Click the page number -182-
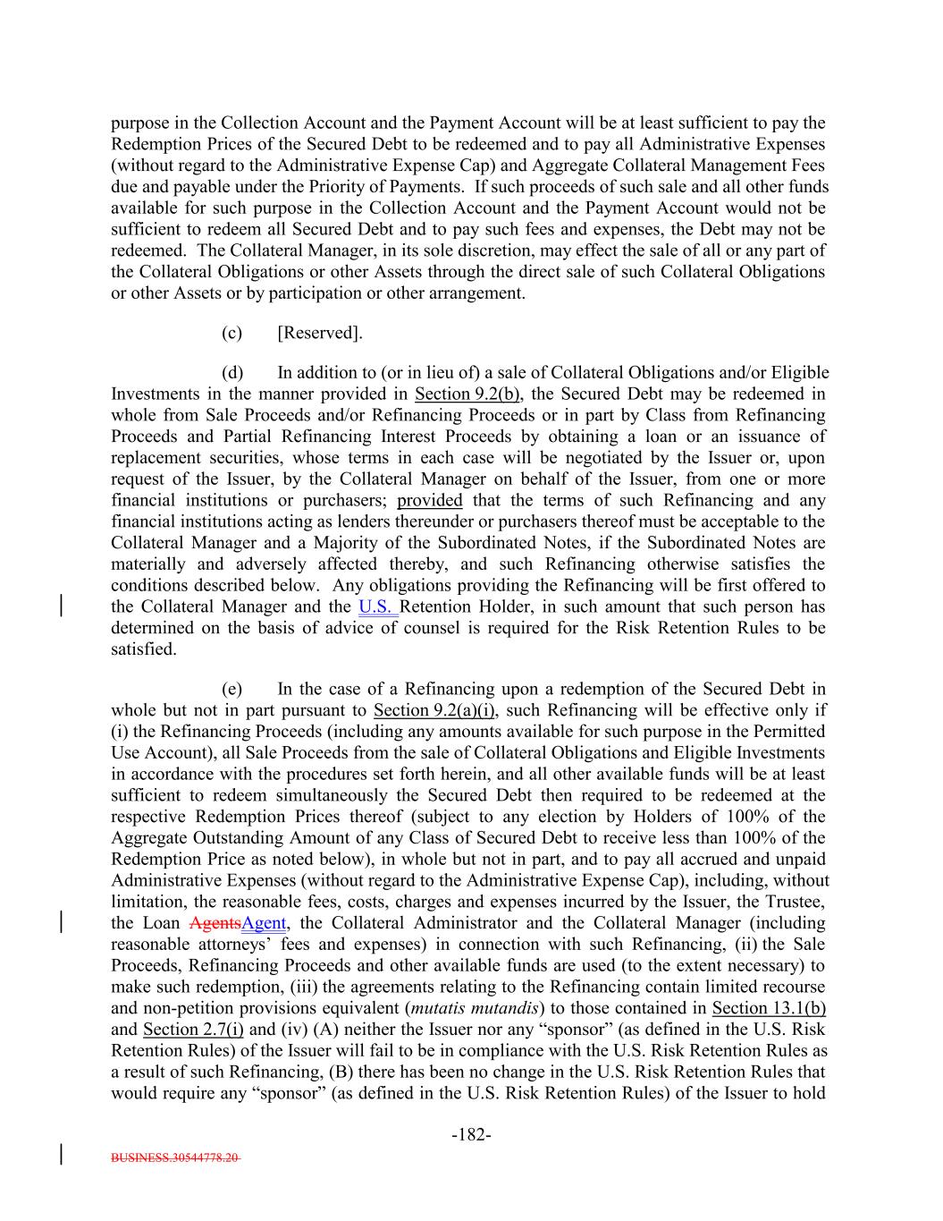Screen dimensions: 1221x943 [x=471, y=1135]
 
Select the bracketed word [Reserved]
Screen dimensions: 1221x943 [x=320, y=333]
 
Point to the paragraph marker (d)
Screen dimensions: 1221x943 [x=232, y=372]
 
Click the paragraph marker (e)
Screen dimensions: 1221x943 [x=232, y=689]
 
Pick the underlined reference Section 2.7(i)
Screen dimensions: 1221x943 [x=193, y=1030]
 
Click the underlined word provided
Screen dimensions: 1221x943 [x=430, y=500]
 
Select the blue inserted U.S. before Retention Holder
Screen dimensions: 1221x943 [x=376, y=606]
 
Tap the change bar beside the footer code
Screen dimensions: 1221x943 [x=60, y=1152]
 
